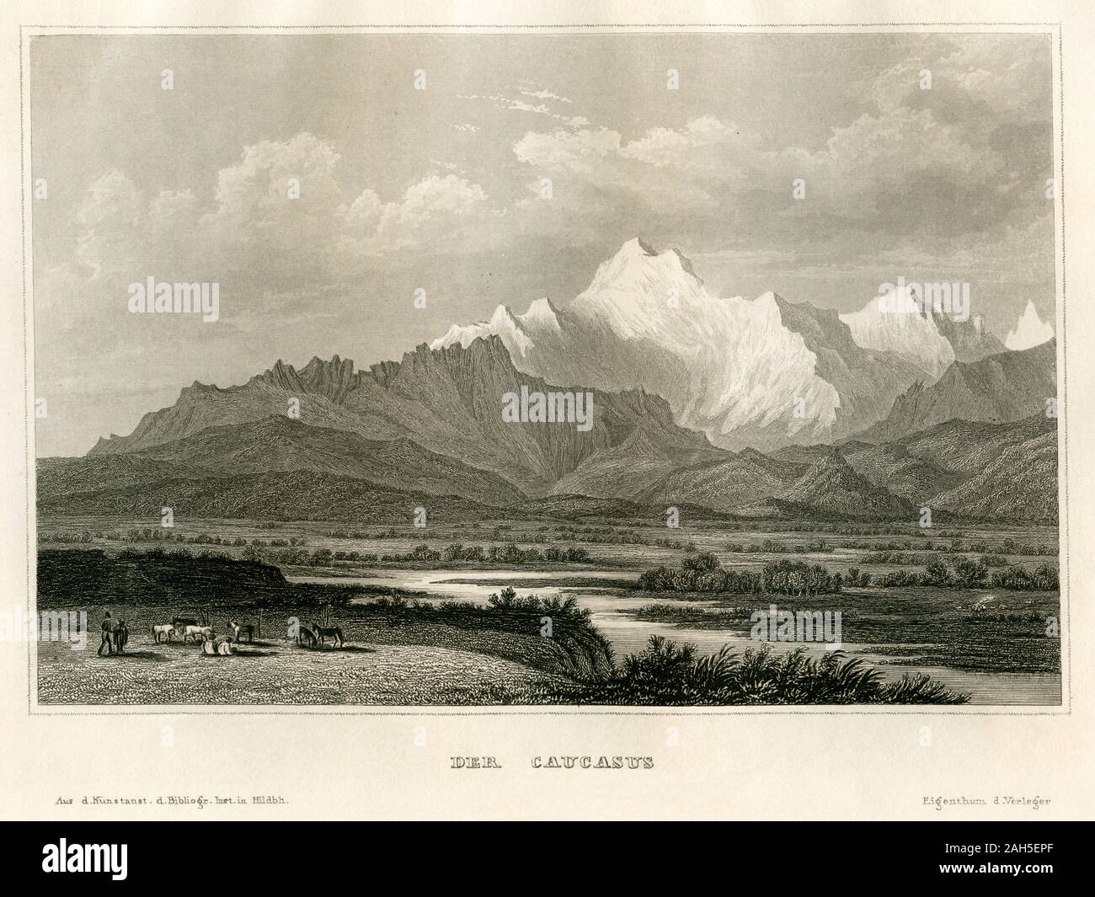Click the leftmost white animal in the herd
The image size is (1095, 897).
point(160,632)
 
